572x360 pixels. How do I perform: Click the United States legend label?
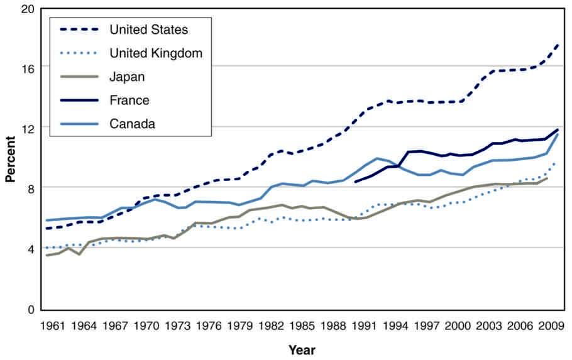click(148, 30)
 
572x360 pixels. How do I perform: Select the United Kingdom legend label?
click(156, 53)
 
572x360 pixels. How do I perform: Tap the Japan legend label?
click(127, 77)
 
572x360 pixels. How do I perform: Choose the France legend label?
click(129, 100)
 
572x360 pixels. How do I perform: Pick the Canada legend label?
click(132, 124)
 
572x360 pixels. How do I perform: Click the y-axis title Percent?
click(10, 158)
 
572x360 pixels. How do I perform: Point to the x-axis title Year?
click(302, 349)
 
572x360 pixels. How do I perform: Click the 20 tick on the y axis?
click(28, 10)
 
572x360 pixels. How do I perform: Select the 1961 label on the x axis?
click(53, 325)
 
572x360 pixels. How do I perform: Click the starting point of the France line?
click(356, 182)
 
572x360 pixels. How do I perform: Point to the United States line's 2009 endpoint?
click(558, 45)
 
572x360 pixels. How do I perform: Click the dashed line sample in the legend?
click(80, 30)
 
